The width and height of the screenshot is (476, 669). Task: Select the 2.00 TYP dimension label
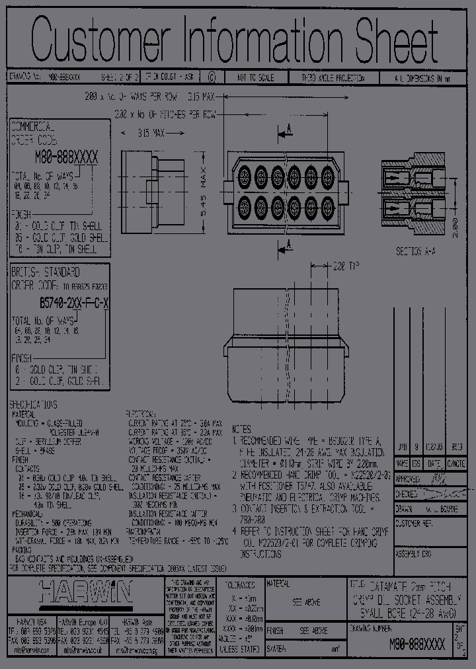[344, 266]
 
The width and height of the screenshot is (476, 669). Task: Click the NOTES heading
[243, 429]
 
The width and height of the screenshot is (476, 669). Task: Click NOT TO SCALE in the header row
[257, 77]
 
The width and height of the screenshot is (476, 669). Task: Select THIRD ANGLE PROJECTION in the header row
[333, 77]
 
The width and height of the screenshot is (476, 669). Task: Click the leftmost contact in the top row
[244, 175]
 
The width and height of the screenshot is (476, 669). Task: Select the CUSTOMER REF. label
[413, 522]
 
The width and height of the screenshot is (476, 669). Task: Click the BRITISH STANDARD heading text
[46, 272]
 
